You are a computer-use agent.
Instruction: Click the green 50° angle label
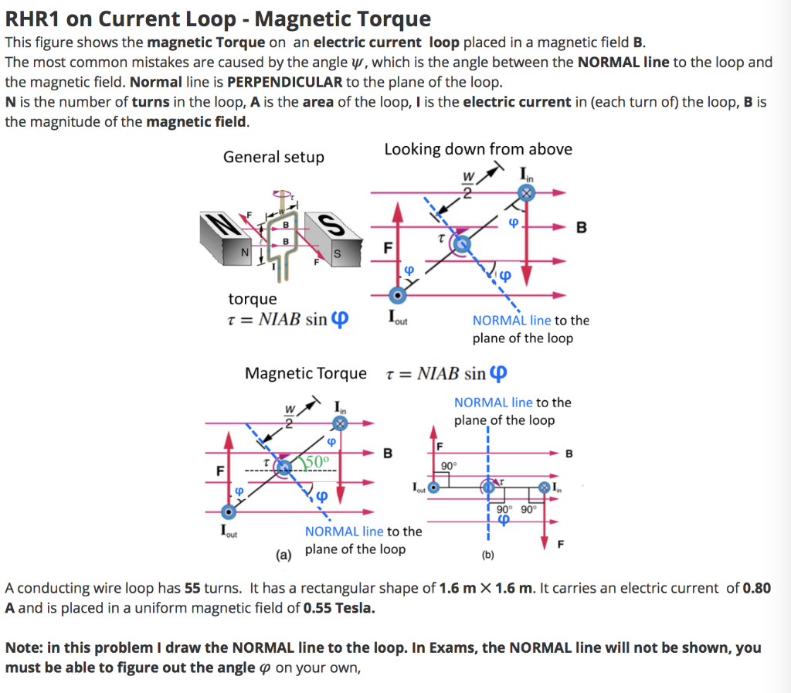tap(317, 461)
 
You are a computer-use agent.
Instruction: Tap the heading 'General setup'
tap(273, 157)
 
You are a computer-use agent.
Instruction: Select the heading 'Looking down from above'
tap(478, 149)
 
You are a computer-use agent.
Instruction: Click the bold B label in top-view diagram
tap(582, 228)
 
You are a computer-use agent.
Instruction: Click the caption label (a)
tap(284, 554)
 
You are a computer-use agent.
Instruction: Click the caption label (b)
tap(488, 555)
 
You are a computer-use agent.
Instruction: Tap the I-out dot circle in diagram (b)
tap(434, 487)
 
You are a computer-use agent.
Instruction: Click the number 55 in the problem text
tap(193, 588)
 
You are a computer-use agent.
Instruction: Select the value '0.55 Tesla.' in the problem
tap(340, 607)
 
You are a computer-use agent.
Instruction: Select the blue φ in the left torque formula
tap(339, 320)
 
